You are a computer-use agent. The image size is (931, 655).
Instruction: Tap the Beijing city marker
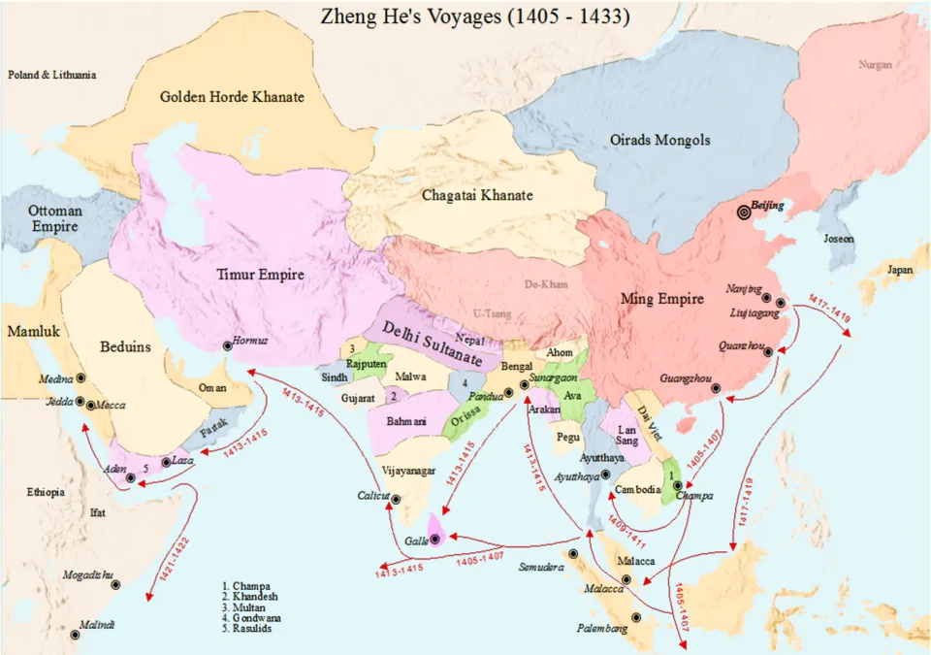point(744,213)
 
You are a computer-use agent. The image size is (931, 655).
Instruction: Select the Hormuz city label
point(249,342)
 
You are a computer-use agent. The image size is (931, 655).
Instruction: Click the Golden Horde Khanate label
point(232,97)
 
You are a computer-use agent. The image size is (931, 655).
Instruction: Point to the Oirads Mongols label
point(659,140)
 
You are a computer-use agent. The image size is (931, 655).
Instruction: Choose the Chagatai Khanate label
point(477,195)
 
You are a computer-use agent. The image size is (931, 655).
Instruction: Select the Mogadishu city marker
point(115,585)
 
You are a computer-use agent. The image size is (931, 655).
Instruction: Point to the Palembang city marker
point(636,617)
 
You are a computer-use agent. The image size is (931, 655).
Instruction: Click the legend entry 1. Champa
point(246,586)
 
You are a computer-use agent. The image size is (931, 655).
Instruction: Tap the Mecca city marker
point(91,406)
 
